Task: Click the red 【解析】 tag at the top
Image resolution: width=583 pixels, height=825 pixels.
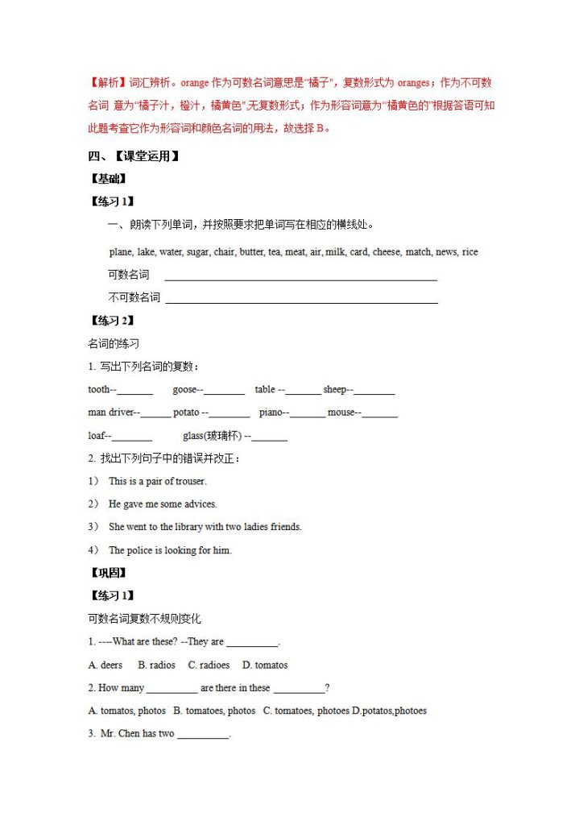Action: [107, 83]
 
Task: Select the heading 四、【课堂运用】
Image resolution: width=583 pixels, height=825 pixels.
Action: [133, 156]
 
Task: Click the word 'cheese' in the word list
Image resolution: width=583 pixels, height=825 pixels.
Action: [387, 252]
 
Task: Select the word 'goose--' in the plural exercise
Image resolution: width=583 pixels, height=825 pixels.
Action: [188, 390]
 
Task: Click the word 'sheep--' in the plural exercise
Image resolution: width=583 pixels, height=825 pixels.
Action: [338, 390]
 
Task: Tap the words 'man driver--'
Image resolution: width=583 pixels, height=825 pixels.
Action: [114, 413]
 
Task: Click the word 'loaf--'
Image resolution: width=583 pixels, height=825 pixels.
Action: [100, 436]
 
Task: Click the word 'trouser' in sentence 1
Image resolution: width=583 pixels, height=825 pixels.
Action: [189, 482]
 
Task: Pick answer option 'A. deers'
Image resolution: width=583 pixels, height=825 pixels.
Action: [105, 665]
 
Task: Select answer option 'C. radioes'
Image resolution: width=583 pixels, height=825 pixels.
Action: [209, 665]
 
